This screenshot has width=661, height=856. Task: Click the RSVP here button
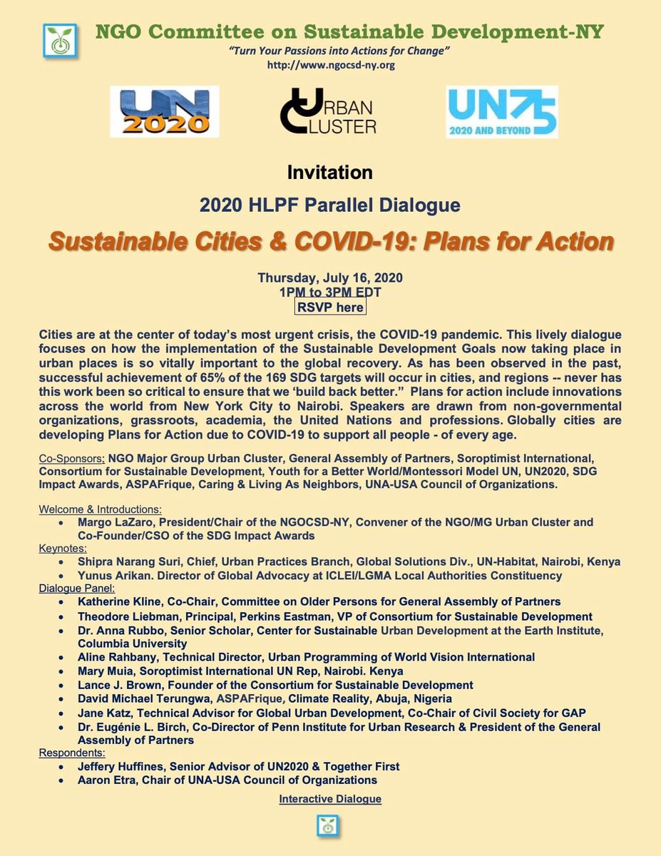(x=330, y=307)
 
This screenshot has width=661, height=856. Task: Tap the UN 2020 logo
(x=164, y=111)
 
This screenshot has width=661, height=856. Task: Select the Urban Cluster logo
(x=328, y=113)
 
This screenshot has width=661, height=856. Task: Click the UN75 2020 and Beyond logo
(x=501, y=112)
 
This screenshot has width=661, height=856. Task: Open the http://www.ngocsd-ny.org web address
(x=330, y=65)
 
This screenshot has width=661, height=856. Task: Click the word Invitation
(x=329, y=173)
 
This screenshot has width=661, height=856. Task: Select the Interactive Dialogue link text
(x=330, y=799)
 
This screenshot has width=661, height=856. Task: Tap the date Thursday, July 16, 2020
(x=330, y=279)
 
